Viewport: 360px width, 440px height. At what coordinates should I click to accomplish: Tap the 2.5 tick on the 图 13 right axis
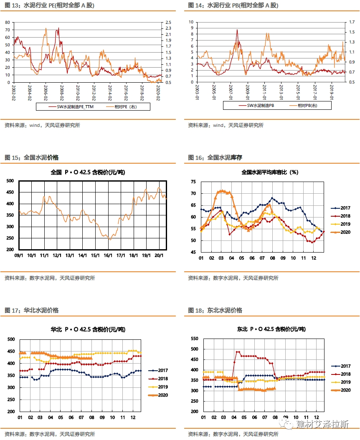[169, 22]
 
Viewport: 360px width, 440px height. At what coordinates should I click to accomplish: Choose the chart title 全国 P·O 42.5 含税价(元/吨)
[88, 172]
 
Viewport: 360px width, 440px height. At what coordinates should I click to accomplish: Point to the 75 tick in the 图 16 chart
[193, 182]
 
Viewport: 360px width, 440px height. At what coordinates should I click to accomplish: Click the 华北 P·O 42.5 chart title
[88, 329]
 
